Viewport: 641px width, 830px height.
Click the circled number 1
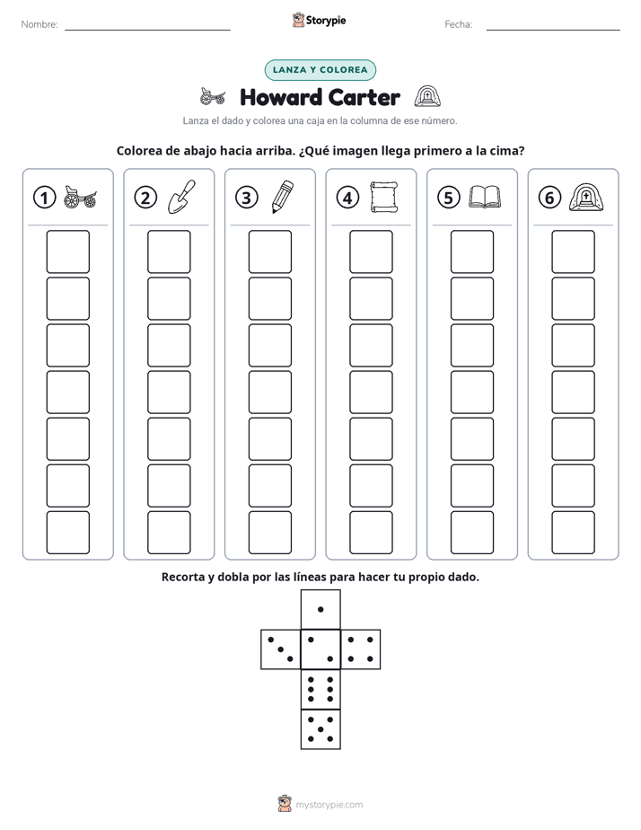[x=44, y=198]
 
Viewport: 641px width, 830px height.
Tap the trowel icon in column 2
[x=181, y=197]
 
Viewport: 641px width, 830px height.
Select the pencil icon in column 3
[x=283, y=197]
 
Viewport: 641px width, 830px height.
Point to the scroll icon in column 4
[x=384, y=198]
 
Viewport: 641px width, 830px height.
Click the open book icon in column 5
[x=485, y=197]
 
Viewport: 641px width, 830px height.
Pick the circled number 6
[x=549, y=198]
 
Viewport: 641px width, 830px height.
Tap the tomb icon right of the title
[x=427, y=97]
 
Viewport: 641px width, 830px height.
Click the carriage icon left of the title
[x=213, y=97]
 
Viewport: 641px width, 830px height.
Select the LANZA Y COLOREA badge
[x=320, y=70]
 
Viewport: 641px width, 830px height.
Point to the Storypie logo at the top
[x=319, y=21]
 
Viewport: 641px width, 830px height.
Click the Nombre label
[x=40, y=24]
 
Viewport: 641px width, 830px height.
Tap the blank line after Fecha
[x=553, y=31]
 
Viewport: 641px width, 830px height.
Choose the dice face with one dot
[x=320, y=610]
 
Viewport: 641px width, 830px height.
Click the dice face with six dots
[x=320, y=689]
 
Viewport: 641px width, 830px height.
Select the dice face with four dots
[x=361, y=649]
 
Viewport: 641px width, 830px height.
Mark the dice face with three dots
[x=281, y=649]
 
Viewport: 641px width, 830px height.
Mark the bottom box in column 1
[x=67, y=533]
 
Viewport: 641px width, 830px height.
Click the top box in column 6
[x=574, y=252]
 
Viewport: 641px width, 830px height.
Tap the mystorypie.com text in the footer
[x=329, y=805]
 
